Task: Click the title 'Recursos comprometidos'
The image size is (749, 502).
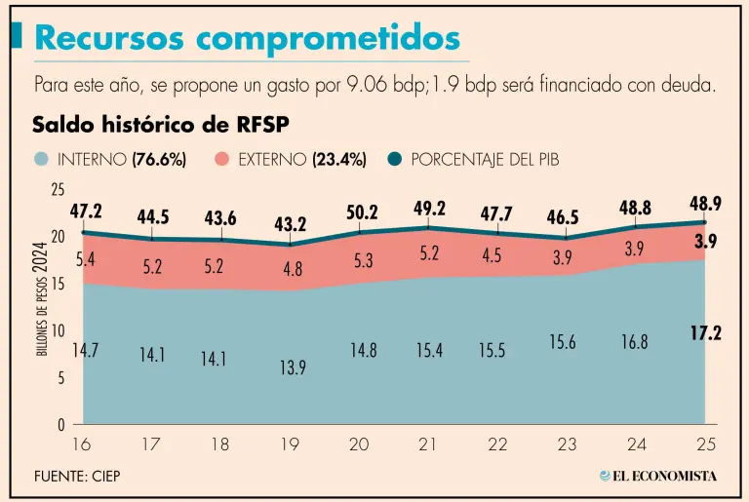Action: [x=247, y=38]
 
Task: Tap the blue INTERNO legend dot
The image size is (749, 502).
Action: [x=40, y=159]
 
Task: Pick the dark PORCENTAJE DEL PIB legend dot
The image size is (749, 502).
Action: [x=395, y=159]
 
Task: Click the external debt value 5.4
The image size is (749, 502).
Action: [x=85, y=258]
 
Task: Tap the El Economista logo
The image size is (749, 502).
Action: [x=657, y=476]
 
